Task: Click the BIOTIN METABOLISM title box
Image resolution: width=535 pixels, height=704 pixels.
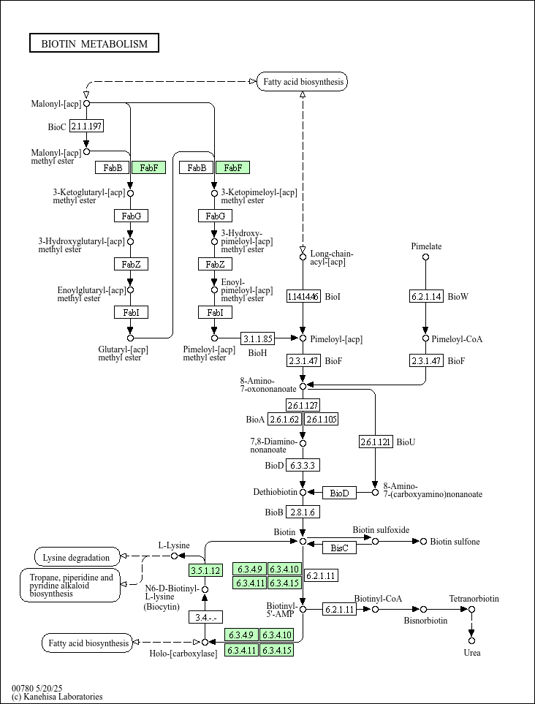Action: (x=94, y=44)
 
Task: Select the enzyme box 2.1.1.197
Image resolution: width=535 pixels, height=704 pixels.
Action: (x=86, y=126)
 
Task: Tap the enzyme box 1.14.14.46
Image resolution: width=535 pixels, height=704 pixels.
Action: (x=303, y=296)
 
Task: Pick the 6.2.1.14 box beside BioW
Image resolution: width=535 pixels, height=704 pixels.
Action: (x=425, y=296)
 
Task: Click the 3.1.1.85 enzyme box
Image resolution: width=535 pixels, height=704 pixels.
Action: (x=258, y=338)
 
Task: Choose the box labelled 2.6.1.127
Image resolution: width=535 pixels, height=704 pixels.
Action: (x=303, y=406)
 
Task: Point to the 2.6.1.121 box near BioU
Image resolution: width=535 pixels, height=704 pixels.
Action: (x=376, y=442)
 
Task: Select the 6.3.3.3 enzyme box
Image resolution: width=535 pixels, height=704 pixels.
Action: (x=303, y=465)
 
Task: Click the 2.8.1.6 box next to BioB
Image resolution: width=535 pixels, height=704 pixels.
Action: (x=303, y=512)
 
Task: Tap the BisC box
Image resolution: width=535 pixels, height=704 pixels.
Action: (x=339, y=548)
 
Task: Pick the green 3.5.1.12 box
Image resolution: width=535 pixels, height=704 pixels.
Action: (x=205, y=570)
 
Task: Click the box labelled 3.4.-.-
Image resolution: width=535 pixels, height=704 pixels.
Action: (x=205, y=617)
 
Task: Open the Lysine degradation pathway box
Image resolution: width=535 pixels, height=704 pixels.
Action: (x=77, y=557)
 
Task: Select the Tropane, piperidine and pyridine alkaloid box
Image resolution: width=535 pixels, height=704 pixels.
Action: (x=70, y=586)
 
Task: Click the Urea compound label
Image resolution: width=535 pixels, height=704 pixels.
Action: (x=472, y=653)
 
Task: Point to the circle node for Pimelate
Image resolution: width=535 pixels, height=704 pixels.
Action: (x=425, y=257)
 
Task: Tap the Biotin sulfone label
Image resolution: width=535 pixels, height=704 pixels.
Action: (x=455, y=542)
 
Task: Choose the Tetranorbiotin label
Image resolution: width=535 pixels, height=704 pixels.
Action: (x=474, y=599)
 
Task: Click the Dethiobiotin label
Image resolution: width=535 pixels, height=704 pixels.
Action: (x=275, y=492)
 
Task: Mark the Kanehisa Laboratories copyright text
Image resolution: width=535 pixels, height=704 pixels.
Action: (x=57, y=697)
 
